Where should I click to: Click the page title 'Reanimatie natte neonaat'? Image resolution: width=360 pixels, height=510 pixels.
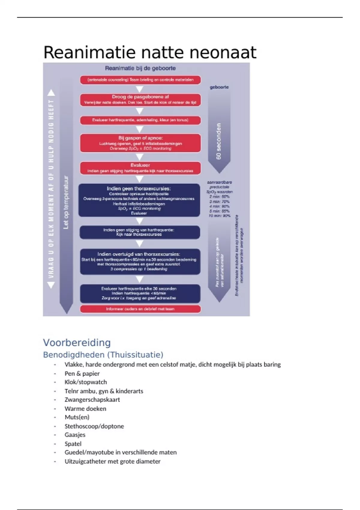click(150, 52)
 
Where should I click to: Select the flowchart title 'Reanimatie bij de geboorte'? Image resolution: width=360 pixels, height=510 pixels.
click(140, 68)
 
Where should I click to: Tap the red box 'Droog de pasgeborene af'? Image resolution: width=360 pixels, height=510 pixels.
click(140, 100)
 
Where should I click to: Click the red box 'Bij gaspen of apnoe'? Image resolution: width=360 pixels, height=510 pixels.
click(140, 143)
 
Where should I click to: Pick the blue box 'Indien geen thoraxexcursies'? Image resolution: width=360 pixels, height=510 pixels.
click(139, 200)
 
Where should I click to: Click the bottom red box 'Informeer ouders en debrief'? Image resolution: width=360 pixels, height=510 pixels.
click(140, 309)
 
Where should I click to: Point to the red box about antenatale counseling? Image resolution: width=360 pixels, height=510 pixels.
click(140, 80)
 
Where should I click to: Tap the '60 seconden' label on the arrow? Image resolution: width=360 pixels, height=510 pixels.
click(219, 141)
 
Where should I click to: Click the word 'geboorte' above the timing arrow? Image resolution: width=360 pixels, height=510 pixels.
click(219, 87)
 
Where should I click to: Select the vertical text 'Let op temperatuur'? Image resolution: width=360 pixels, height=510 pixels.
click(66, 202)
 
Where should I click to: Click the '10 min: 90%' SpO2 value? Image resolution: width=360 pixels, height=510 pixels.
click(220, 216)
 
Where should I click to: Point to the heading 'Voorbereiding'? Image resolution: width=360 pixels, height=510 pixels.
click(77, 342)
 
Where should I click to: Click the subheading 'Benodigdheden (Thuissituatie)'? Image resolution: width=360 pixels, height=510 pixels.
click(103, 355)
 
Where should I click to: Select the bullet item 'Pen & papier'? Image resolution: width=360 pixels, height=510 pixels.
click(82, 373)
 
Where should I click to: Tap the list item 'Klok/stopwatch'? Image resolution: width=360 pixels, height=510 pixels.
click(85, 382)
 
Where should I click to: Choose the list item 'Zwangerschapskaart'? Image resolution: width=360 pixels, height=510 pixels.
click(92, 400)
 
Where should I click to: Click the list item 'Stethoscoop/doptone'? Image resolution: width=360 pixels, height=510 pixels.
click(94, 426)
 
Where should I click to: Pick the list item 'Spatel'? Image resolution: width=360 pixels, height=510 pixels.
click(73, 444)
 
